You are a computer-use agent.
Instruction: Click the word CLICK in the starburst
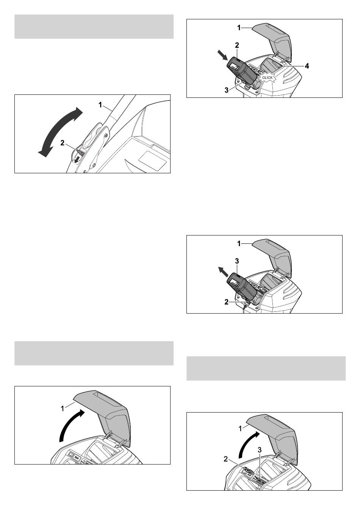pos(267,77)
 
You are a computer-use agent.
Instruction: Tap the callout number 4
pos(307,66)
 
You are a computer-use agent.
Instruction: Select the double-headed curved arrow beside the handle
pos(60,132)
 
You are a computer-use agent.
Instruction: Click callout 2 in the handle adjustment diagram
pos(62,143)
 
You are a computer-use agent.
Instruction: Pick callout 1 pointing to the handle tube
pos(100,105)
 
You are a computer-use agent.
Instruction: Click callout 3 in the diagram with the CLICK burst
pos(227,90)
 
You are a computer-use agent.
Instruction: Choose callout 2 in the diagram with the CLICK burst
pos(237,46)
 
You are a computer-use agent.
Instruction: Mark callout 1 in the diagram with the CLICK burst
pos(239,28)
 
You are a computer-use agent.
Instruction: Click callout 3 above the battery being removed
pos(237,261)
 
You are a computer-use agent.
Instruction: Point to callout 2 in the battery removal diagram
pos(227,302)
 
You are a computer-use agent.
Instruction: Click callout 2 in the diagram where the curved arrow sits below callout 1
pos(226,459)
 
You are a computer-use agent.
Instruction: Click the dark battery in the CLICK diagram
pos(242,72)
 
